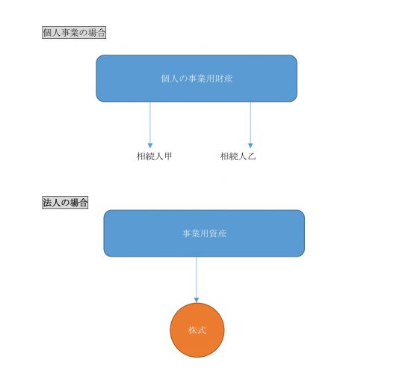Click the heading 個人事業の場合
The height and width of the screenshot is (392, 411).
(x=74, y=33)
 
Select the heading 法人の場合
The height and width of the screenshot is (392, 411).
(x=65, y=203)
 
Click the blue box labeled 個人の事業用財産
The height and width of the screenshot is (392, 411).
(x=197, y=79)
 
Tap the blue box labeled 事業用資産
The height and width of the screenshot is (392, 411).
(x=204, y=233)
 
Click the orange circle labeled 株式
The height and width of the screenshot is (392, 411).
(x=197, y=330)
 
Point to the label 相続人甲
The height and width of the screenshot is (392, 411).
(x=155, y=156)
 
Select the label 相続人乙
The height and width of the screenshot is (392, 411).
(x=238, y=156)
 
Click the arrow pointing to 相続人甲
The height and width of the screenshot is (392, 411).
(x=150, y=125)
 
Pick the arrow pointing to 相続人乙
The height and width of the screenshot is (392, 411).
(x=250, y=125)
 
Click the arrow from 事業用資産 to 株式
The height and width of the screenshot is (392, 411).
(x=197, y=280)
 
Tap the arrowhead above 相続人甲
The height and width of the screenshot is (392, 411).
(x=150, y=146)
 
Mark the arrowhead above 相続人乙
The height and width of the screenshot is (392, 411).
(x=250, y=146)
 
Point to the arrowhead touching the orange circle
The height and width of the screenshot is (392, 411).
(x=197, y=300)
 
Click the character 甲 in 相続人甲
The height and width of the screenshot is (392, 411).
(x=168, y=156)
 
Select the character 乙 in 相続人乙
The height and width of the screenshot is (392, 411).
(x=252, y=156)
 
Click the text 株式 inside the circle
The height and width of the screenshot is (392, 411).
(x=197, y=330)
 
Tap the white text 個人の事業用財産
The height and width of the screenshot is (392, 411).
(x=197, y=79)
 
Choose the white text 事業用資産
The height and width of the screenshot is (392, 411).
(x=204, y=233)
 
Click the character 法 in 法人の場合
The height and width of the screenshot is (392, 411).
(x=47, y=203)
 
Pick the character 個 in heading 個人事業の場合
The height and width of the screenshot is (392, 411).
(x=47, y=33)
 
